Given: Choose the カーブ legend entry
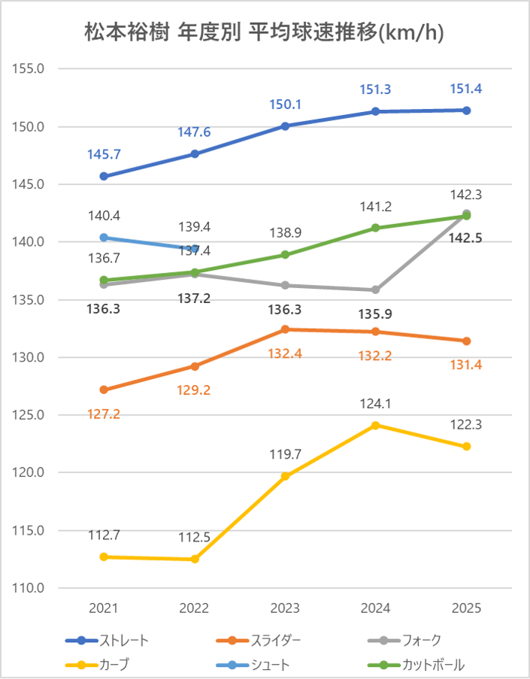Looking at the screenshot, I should [x=114, y=665].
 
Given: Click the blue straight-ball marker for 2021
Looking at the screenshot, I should [x=104, y=177].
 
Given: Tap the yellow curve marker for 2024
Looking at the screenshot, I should [x=376, y=425].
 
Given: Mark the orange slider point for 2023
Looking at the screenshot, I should [x=286, y=329].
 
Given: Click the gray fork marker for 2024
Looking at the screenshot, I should [x=376, y=289].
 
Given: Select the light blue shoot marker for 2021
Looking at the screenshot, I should [x=104, y=238].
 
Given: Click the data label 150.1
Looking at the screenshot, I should [x=286, y=104].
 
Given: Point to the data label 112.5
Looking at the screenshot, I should [x=195, y=537].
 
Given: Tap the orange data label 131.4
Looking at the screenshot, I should [x=467, y=365].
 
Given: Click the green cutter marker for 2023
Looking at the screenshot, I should [x=286, y=255].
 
